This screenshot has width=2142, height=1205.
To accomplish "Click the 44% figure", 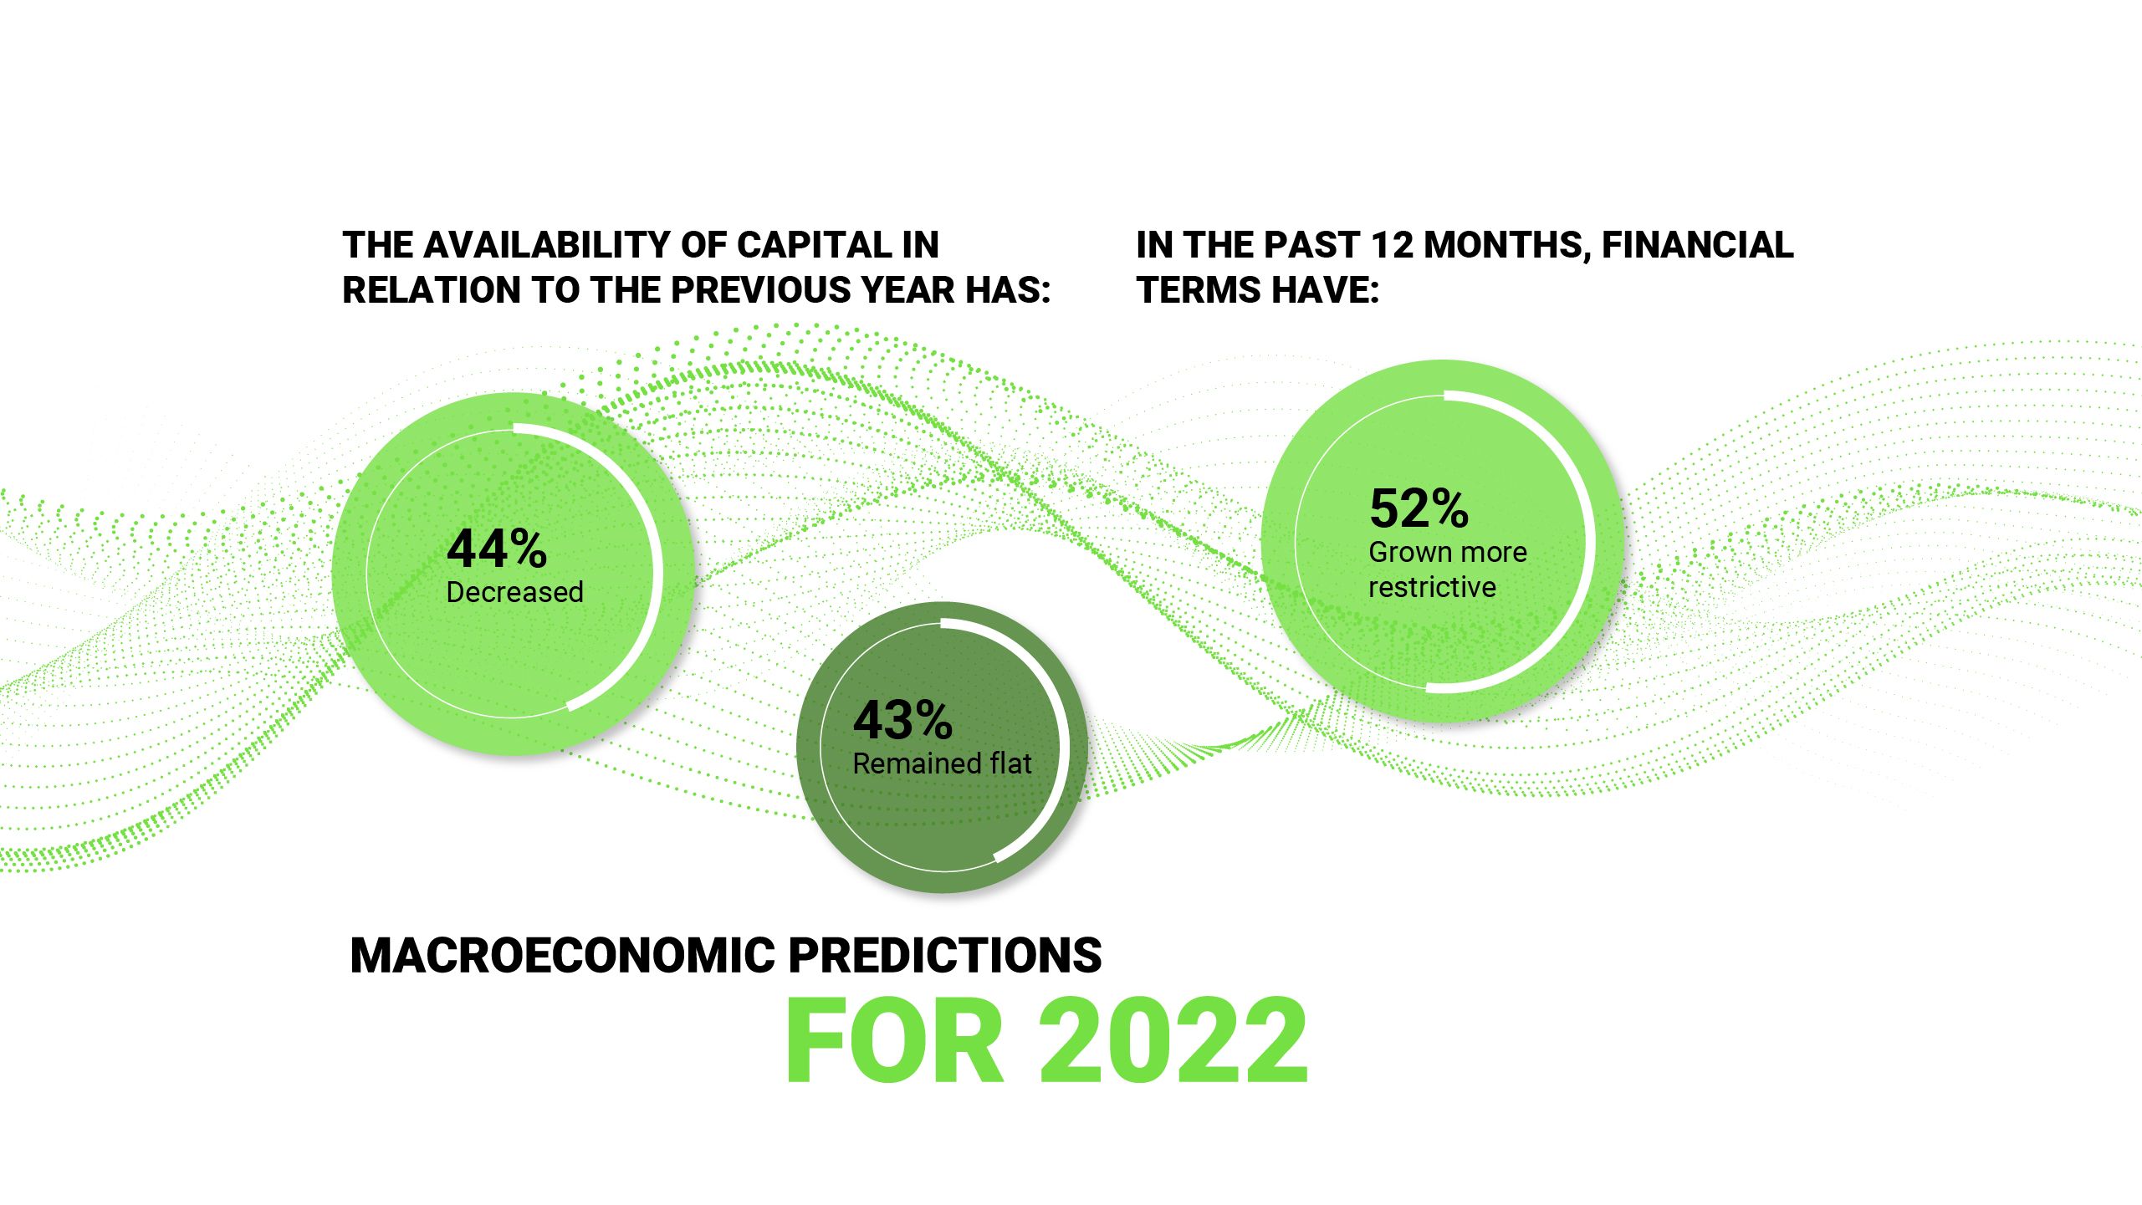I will click(497, 549).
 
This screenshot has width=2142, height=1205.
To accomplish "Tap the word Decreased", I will click(514, 592).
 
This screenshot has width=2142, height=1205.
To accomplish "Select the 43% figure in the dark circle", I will click(902, 721).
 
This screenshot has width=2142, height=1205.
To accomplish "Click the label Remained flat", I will click(942, 763).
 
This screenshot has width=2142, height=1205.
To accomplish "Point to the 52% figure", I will click(1419, 508).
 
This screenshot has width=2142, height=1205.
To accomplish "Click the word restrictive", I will click(1432, 588).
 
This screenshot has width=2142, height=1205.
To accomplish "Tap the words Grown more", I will click(1448, 553).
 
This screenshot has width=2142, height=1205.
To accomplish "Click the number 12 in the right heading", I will click(1392, 245).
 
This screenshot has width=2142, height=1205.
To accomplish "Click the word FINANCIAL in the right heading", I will click(1697, 245).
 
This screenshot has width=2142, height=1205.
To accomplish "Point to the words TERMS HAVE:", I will click(1257, 290).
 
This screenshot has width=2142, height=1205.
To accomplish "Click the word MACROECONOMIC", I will click(563, 955).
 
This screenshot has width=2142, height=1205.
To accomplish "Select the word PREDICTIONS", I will click(945, 955).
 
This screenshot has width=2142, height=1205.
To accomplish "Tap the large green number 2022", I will click(1173, 1042).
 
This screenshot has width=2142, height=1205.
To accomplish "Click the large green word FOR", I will click(893, 1042).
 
